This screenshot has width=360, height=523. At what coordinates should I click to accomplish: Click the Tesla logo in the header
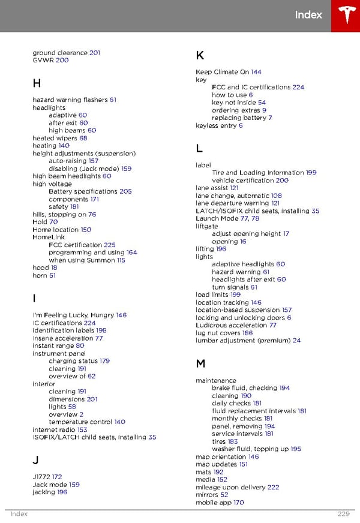click(x=346, y=16)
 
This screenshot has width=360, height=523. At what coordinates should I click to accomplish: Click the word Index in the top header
click(x=308, y=15)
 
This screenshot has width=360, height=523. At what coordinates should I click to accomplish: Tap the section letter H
click(x=37, y=84)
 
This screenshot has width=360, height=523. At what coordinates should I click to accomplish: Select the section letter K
click(x=200, y=56)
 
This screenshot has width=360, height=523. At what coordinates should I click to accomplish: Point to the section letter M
click(x=200, y=364)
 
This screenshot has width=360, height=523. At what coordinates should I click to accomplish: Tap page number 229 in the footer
click(x=344, y=514)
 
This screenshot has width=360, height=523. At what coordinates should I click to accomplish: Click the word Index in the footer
click(x=19, y=514)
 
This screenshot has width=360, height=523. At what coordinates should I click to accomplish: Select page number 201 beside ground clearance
click(x=95, y=53)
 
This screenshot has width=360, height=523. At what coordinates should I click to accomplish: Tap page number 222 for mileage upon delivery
click(x=273, y=488)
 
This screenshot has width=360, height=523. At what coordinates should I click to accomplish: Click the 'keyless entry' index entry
click(x=216, y=126)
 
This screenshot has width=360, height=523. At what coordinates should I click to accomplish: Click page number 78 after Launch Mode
click(x=256, y=219)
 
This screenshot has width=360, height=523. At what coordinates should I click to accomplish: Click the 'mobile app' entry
click(x=213, y=503)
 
